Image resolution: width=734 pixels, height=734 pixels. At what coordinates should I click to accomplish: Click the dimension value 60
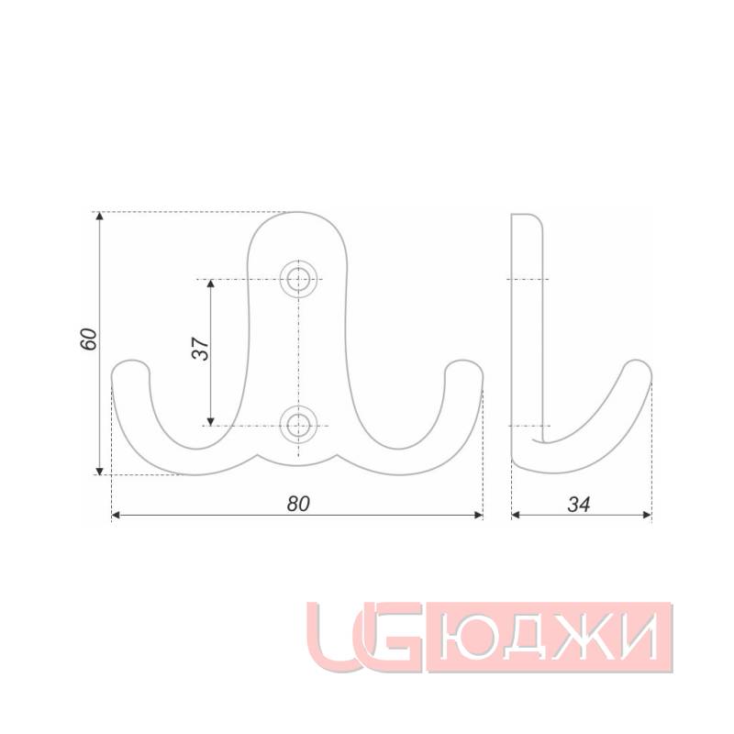point(89,339)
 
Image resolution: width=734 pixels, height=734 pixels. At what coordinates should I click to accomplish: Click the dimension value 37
point(201,349)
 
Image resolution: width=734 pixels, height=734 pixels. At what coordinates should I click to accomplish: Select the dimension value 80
point(298,504)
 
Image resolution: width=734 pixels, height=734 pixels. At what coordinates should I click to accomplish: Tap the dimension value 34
point(579,505)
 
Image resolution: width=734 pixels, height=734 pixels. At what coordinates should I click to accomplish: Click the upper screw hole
point(298,280)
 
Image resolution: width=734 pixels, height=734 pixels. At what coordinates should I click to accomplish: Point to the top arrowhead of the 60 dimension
point(99,216)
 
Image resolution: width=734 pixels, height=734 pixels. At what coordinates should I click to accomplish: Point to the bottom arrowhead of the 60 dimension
point(99,471)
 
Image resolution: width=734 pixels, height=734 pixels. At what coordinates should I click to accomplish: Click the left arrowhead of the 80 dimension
point(116,515)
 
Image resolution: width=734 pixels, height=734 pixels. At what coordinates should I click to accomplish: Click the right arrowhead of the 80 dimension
point(479,515)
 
